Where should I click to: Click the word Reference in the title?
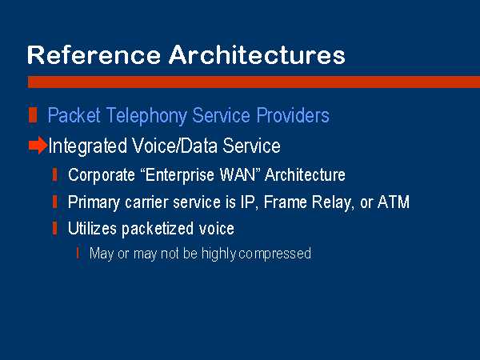(94, 54)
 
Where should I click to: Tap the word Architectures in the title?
(257, 54)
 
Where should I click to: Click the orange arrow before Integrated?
(38, 145)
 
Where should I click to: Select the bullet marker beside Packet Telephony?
(33, 115)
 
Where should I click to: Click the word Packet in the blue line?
(74, 115)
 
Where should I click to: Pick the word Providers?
(293, 115)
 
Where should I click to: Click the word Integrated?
(87, 146)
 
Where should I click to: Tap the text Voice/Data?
(174, 146)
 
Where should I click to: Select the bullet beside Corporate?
(54, 174)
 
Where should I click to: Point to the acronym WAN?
(238, 174)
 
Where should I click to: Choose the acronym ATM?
(394, 202)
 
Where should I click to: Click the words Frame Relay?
(308, 202)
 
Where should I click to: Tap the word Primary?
(94, 202)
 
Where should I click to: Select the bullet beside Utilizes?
(54, 228)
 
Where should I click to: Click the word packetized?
(158, 229)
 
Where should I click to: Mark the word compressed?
(274, 254)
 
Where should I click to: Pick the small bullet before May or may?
(78, 253)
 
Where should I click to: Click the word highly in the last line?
(218, 254)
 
